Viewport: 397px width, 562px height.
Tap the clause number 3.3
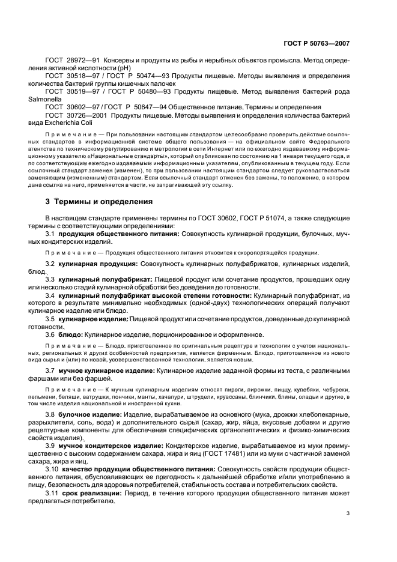(x=50, y=280)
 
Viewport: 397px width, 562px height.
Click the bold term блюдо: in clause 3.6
(x=71, y=334)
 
